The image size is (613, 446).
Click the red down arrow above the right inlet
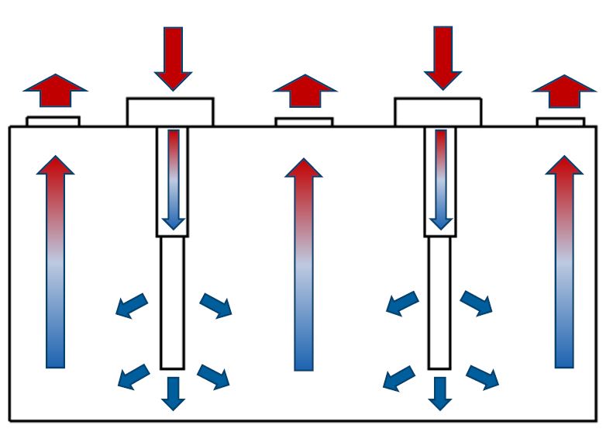point(443,57)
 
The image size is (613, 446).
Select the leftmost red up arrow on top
point(55,91)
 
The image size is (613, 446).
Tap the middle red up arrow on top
point(305,91)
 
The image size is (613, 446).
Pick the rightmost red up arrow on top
point(564,91)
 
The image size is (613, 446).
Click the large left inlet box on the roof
point(170,112)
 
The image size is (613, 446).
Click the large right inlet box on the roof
point(438,112)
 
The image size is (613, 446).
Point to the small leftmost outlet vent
point(53,121)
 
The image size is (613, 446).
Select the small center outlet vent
point(304,122)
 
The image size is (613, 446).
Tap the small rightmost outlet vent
point(560,122)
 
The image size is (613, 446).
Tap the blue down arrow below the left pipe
point(173,392)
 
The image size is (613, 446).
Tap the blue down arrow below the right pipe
point(440,392)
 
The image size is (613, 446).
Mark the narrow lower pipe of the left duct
point(172,303)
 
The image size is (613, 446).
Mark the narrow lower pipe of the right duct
point(439,303)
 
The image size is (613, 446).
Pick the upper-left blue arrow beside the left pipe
point(133,306)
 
